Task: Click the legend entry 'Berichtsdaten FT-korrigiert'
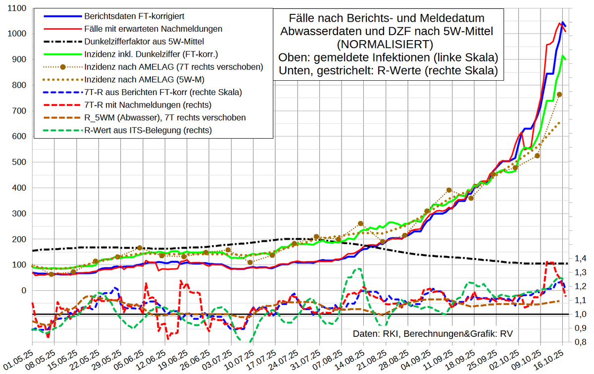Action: pyautogui.click(x=135, y=16)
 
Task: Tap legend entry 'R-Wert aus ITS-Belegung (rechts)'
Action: pyautogui.click(x=148, y=130)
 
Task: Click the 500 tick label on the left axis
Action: pyautogui.click(x=18, y=162)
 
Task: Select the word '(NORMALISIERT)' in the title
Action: pyautogui.click(x=388, y=44)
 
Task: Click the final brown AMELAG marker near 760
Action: pyautogui.click(x=559, y=95)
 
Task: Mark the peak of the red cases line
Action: pyautogui.click(x=560, y=23)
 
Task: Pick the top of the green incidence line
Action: pyautogui.click(x=563, y=56)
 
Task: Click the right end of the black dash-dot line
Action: pyautogui.click(x=567, y=264)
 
